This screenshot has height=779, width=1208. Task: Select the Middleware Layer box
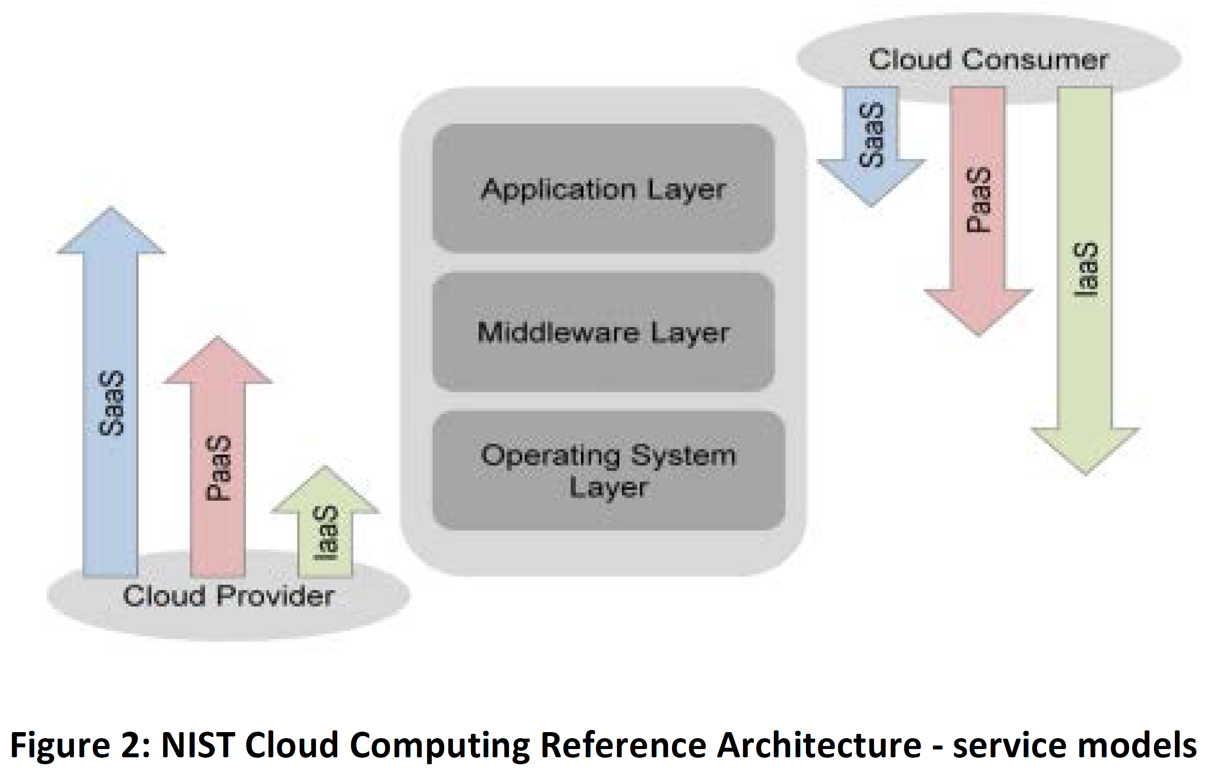tap(603, 332)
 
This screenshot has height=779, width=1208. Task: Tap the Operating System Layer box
tap(608, 470)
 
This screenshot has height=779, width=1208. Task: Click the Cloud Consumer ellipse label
tap(988, 59)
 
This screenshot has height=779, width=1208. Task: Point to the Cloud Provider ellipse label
tap(228, 596)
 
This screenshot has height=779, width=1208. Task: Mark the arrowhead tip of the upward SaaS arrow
tap(111, 208)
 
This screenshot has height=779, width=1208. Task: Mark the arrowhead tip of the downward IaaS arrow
tap(1085, 473)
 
